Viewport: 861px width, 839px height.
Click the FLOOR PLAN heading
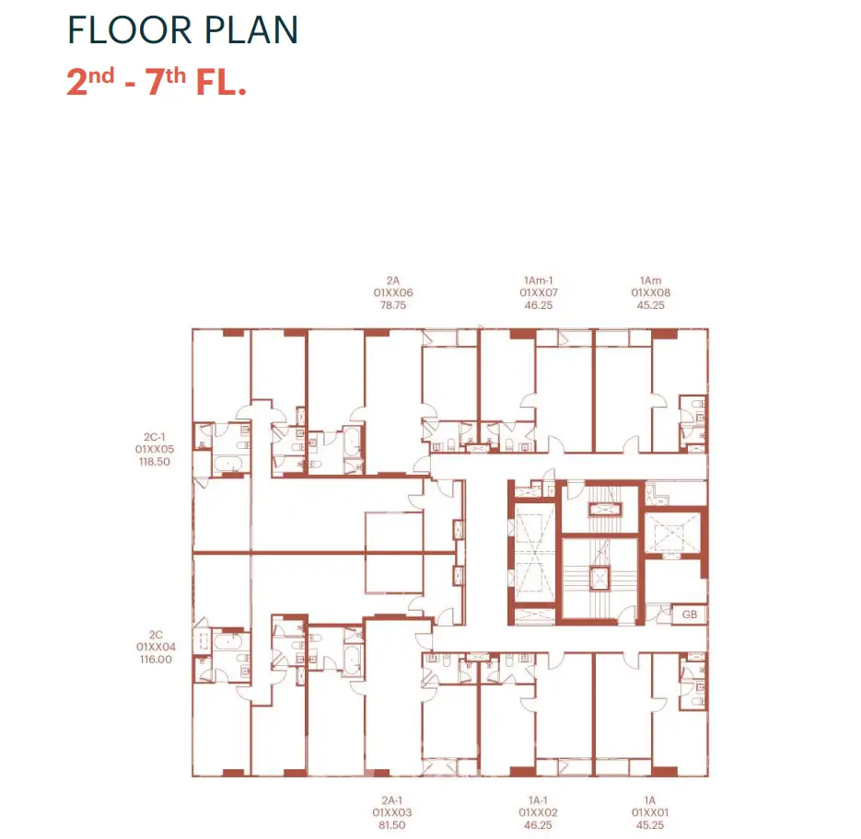[183, 29]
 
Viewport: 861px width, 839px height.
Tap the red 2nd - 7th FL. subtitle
[157, 82]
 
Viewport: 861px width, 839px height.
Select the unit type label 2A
[392, 281]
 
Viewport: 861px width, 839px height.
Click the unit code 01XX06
[393, 293]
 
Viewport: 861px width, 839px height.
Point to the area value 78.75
[393, 305]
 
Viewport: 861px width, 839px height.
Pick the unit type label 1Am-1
[538, 281]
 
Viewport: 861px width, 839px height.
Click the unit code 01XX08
[651, 293]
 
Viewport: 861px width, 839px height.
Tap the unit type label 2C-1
[155, 437]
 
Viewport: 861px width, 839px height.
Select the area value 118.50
[155, 462]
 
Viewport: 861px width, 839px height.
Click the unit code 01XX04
[156, 647]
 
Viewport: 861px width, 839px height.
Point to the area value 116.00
[156, 660]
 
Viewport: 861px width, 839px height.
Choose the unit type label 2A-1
[392, 800]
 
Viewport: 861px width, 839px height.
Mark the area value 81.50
[392, 824]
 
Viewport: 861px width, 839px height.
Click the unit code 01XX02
[538, 812]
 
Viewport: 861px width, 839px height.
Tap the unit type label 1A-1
[538, 800]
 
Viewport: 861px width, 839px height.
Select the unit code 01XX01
[650, 812]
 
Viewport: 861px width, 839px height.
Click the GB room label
[690, 615]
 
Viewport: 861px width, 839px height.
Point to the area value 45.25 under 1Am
[651, 305]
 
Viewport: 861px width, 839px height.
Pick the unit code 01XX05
[155, 449]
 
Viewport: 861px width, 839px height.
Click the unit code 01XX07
[539, 293]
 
